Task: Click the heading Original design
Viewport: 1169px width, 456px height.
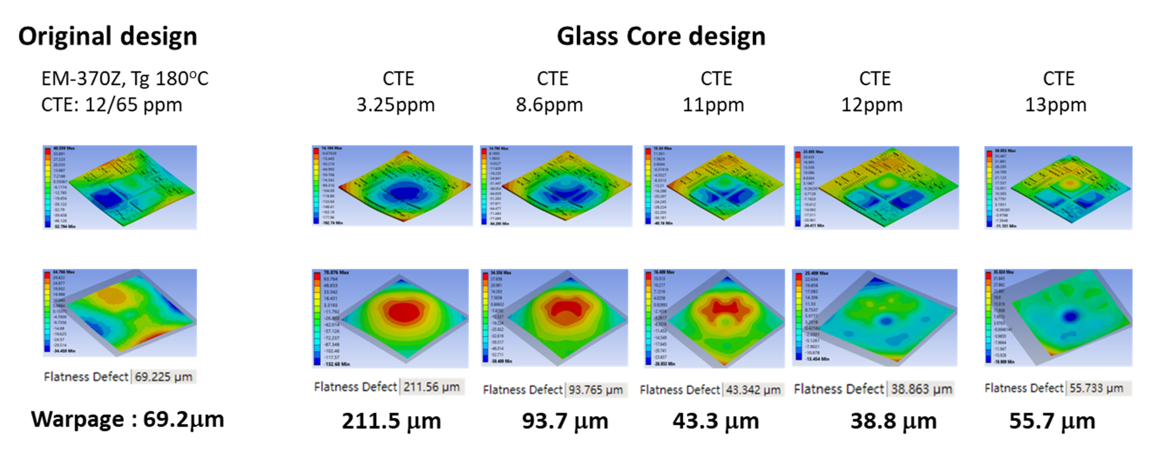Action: coord(107,37)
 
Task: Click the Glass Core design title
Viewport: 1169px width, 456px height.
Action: coord(660,37)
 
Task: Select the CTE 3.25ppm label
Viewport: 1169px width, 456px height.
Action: coord(396,91)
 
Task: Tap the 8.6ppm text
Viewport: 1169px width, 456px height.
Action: coord(549,105)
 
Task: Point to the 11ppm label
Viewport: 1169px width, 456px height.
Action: coord(714,105)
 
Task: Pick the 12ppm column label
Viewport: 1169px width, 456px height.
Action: coord(872,105)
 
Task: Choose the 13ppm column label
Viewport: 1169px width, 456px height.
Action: coord(1055,105)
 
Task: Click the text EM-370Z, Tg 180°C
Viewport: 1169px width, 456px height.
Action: coord(124,78)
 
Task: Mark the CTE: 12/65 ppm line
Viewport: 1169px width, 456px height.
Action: coord(111,105)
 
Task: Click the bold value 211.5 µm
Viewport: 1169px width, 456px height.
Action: coord(391,421)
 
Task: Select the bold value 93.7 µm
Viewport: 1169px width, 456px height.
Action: coord(565,421)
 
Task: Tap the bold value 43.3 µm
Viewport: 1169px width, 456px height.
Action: coord(715,421)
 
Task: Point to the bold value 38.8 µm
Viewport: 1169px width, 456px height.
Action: coord(893,421)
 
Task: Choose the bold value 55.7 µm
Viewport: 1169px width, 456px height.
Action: coord(1052,421)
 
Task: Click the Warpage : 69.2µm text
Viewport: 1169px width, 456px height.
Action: coord(127,419)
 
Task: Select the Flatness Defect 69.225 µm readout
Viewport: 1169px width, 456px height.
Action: coord(119,377)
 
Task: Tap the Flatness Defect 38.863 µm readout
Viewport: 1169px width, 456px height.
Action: coord(874,389)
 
